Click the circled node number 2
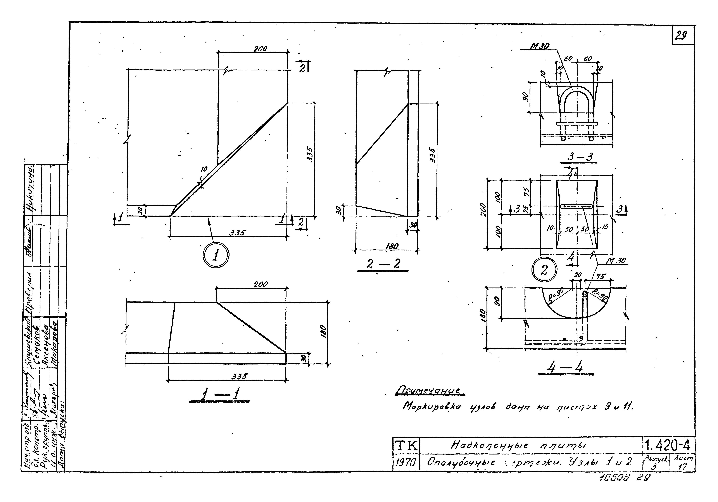pos(544,270)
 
